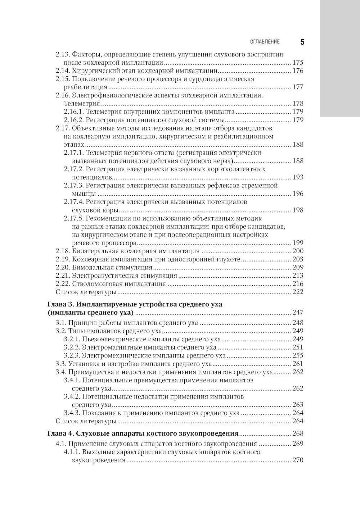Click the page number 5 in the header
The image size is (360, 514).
click(302, 42)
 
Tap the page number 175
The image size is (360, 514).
click(298, 63)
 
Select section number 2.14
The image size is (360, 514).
click(63, 71)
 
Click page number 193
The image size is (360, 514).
click(298, 177)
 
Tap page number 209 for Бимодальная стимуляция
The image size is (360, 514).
click(298, 268)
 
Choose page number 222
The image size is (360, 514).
click(298, 292)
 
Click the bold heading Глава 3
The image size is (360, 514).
click(61, 304)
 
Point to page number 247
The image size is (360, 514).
click(298, 312)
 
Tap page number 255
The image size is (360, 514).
click(298, 356)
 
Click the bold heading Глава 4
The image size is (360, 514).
click(61, 433)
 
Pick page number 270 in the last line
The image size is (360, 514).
click(298, 460)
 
